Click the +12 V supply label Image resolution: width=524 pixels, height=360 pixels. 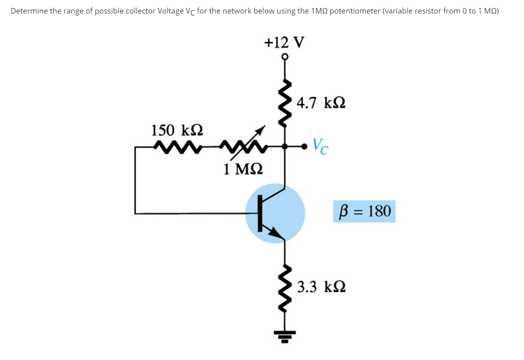click(284, 42)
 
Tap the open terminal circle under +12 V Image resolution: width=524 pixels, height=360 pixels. click(285, 57)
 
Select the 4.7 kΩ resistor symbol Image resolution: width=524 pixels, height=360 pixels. click(285, 103)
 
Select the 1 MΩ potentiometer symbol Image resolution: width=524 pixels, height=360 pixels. click(243, 147)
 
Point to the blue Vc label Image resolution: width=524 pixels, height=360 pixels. click(321, 146)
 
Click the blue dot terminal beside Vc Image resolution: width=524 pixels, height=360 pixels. click(303, 147)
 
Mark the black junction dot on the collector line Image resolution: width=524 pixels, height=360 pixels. click(285, 147)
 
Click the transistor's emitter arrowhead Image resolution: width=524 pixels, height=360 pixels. click(275, 232)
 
